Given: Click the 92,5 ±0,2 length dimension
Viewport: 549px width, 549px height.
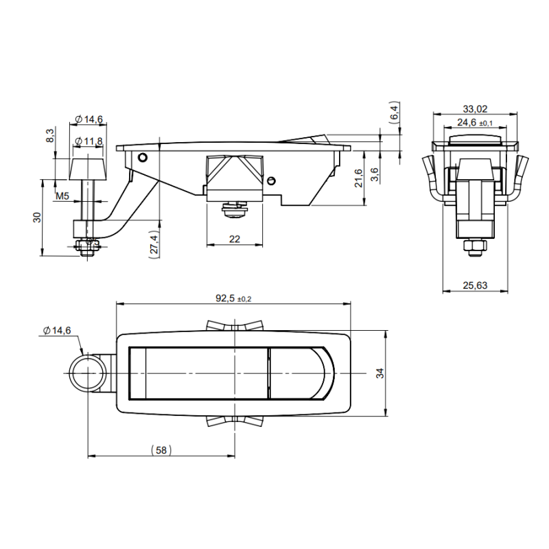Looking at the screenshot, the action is pyautogui.click(x=233, y=299).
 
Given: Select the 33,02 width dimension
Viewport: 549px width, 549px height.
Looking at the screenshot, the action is pyautogui.click(x=475, y=109).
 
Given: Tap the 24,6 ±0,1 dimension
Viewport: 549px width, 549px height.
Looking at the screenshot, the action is pyautogui.click(x=475, y=123).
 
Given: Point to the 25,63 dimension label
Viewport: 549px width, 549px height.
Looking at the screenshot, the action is pyautogui.click(x=475, y=285).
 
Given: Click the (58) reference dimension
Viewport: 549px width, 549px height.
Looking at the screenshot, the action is pyautogui.click(x=161, y=449).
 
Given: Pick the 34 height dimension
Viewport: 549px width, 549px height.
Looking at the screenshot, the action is pyautogui.click(x=380, y=373).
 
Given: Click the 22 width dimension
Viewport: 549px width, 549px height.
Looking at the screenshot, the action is pyautogui.click(x=235, y=239).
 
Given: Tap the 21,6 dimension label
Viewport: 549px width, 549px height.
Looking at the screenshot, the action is pyautogui.click(x=359, y=178).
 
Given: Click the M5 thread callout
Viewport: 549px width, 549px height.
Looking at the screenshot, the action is pyautogui.click(x=62, y=196).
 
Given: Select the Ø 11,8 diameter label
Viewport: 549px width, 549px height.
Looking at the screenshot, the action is pyautogui.click(x=89, y=141).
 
